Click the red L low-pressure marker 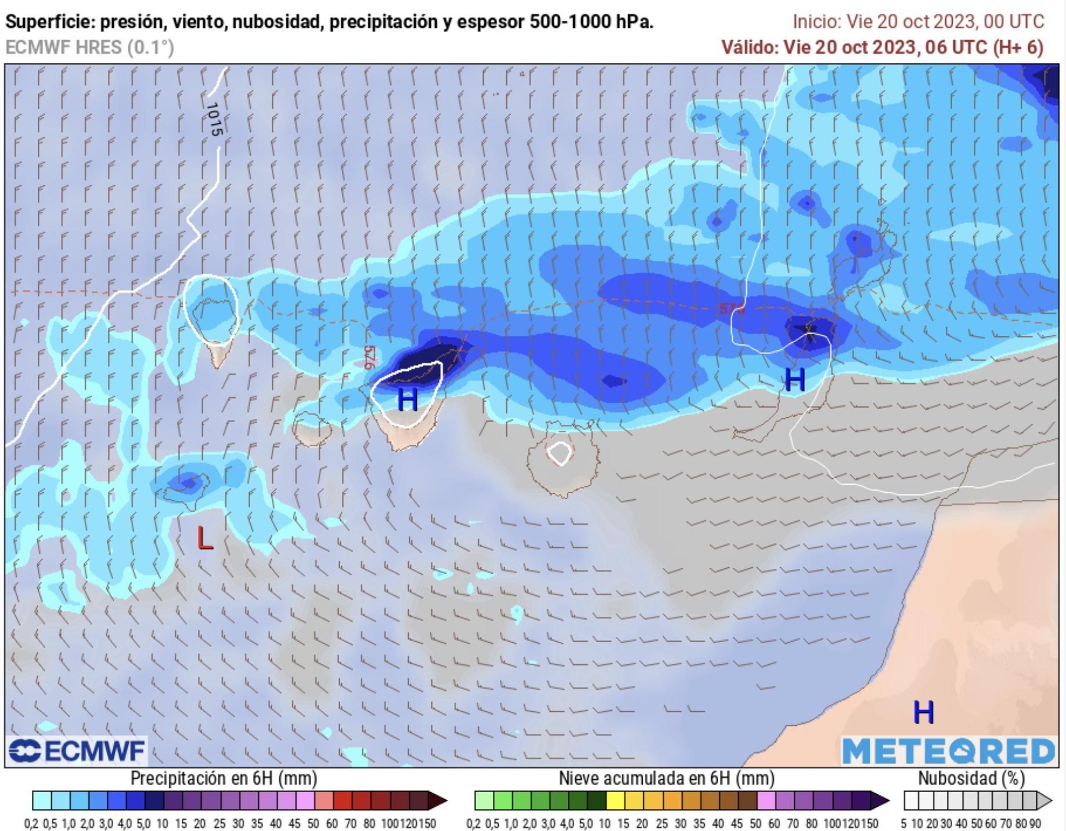pos(204,538)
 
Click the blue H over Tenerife pos(408,400)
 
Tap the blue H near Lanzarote pos(794,380)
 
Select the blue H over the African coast pos(923,712)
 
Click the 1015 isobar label pos(214,119)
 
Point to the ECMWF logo pos(77,751)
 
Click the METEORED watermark pos(949,752)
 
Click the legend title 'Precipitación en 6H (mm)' pos(224,778)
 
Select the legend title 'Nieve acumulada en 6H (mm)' pos(666,778)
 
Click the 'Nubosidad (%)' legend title pos(971,778)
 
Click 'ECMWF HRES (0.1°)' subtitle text pos(89,47)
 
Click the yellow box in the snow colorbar pos(615,801)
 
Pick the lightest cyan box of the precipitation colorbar pos(42,801)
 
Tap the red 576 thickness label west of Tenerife pos(368,357)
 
